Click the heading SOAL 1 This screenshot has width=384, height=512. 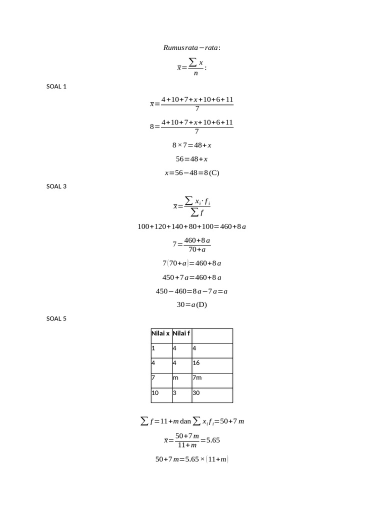(56, 86)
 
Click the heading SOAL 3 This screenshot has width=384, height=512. (56, 186)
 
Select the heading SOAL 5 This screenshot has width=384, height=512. (56, 318)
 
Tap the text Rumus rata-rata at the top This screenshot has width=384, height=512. (191, 47)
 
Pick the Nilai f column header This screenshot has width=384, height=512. (181, 333)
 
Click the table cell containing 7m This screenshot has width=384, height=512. (212, 380)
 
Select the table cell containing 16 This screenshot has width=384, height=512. (212, 365)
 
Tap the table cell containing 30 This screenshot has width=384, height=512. (212, 395)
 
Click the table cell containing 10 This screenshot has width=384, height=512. (161, 395)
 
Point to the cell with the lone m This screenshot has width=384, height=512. (182, 380)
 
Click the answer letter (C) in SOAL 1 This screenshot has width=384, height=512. (214, 172)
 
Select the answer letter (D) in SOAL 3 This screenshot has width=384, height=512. (201, 304)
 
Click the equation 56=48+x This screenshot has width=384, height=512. (191, 159)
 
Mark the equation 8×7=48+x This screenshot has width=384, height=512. (191, 145)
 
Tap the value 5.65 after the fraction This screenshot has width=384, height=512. (213, 440)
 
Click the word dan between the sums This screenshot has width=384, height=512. (185, 421)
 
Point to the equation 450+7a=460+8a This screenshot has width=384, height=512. (191, 277)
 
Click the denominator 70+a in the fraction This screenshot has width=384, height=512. (197, 250)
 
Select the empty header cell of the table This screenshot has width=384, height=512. (212, 336)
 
